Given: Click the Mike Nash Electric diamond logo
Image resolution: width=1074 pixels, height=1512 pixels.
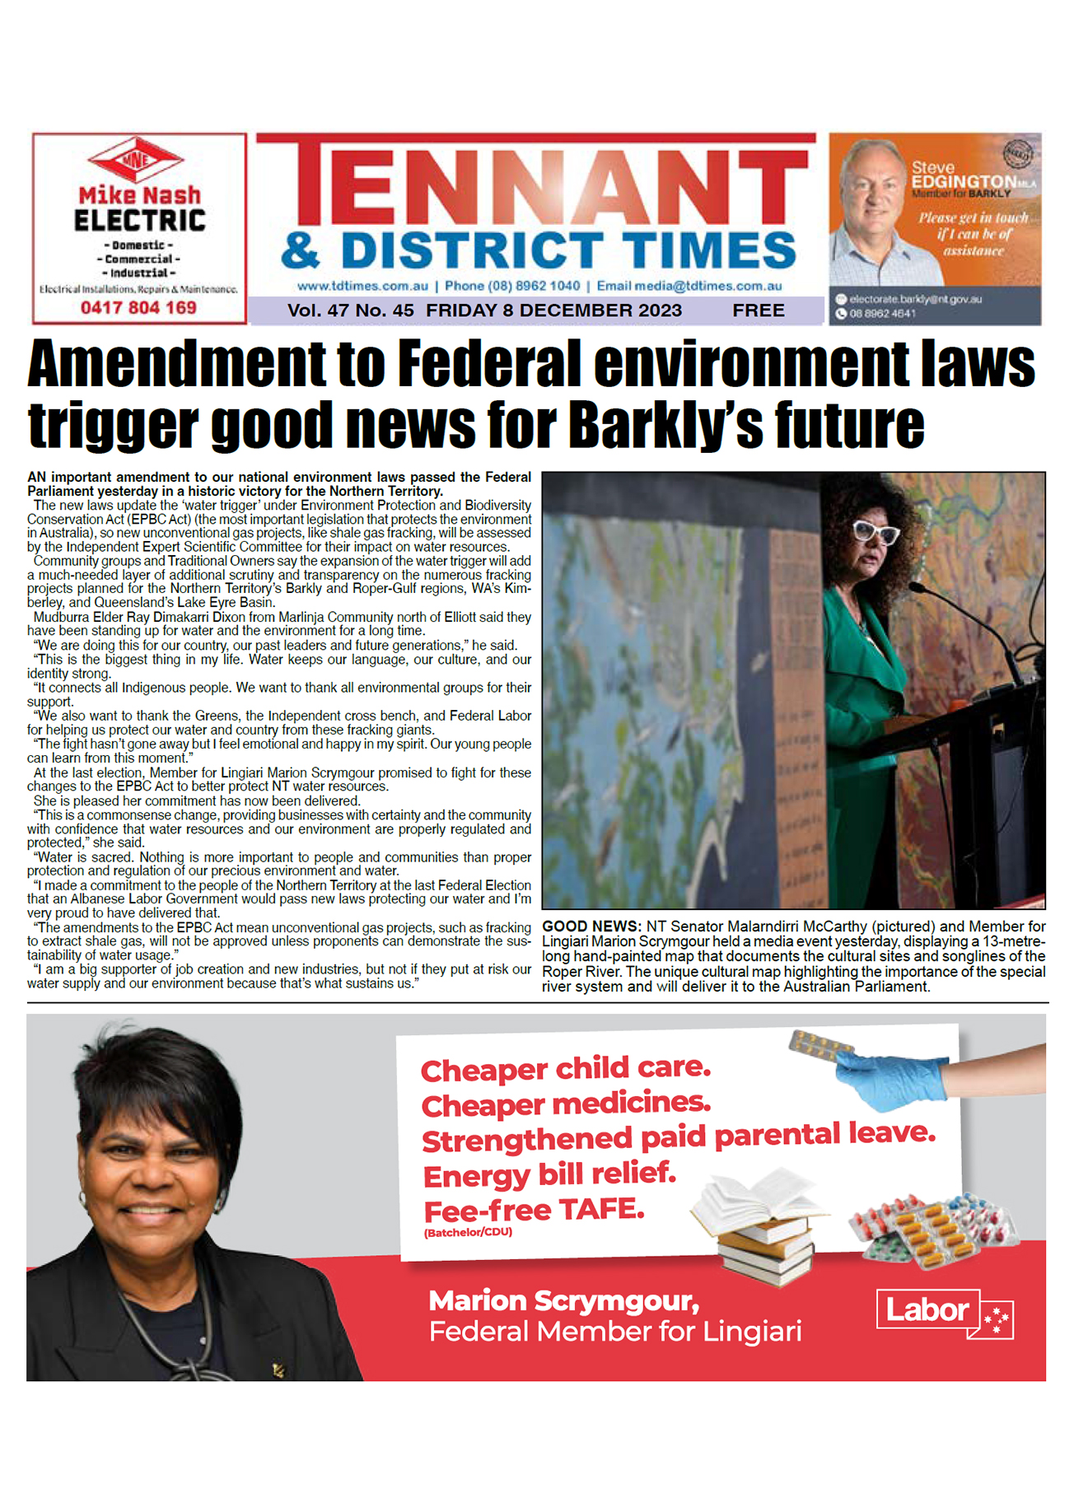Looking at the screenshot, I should tap(137, 160).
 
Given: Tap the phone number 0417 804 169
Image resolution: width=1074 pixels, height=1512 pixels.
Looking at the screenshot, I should tap(138, 308).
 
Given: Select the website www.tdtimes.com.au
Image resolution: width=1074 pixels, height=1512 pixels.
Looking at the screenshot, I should tap(362, 287).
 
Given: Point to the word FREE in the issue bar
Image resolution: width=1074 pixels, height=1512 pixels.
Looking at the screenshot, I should tap(758, 310).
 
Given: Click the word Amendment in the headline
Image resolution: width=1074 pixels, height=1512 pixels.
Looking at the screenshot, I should tap(177, 364).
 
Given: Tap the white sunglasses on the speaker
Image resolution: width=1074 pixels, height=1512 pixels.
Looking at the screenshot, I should tap(876, 533).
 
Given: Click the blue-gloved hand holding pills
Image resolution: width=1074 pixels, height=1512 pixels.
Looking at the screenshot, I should tap(894, 1075).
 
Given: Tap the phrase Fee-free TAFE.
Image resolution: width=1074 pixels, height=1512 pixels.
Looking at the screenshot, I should tap(533, 1211).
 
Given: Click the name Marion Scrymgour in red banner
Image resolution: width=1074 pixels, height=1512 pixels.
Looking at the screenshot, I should tap(563, 1300).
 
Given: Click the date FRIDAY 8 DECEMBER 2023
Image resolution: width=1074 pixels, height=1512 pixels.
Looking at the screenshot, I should tap(553, 310).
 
